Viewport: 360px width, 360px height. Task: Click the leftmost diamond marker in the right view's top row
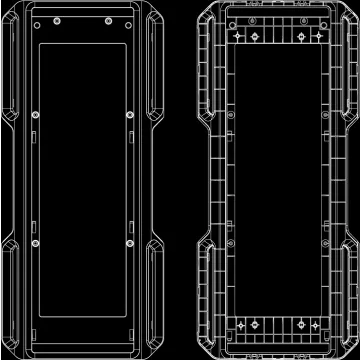click(x=236, y=37)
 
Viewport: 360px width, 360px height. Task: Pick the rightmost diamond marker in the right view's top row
click(x=322, y=37)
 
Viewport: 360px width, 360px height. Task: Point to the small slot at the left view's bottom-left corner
click(x=36, y=333)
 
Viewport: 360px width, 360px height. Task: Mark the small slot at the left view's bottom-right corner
click(x=129, y=333)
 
